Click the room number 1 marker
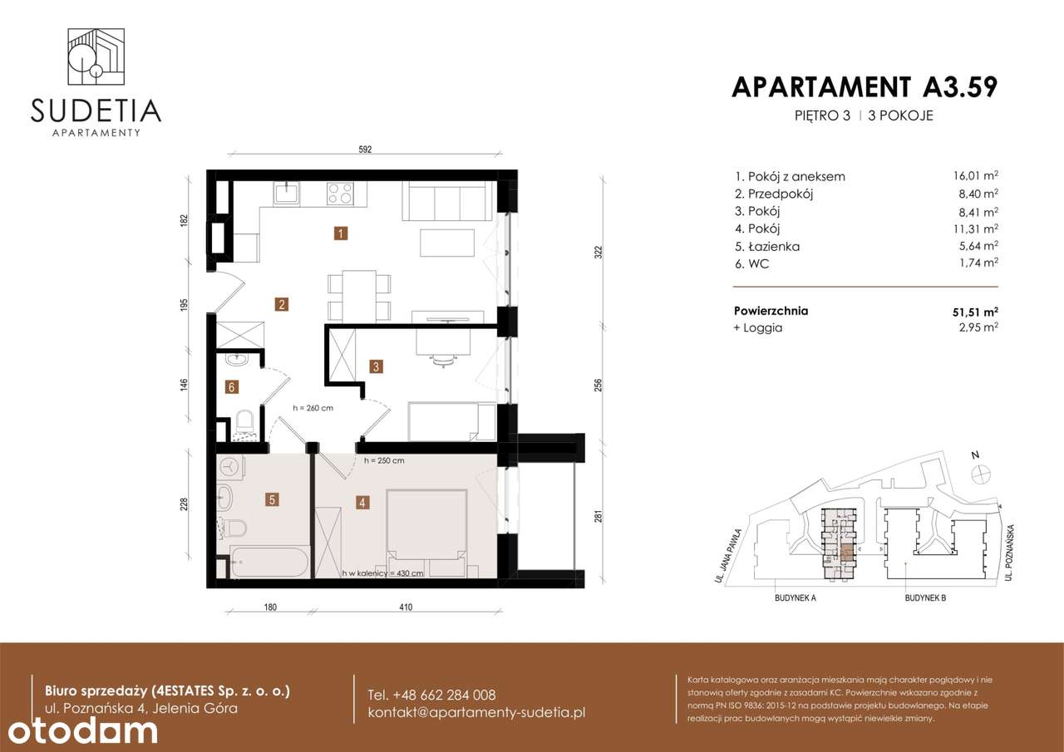tap(341, 233)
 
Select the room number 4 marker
tap(362, 502)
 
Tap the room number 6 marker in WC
tap(233, 386)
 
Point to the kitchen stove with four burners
tap(339, 193)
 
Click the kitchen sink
tap(288, 193)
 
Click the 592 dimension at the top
tap(365, 150)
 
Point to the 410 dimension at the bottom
tap(405, 607)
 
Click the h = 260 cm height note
tap(313, 408)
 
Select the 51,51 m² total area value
tap(975, 312)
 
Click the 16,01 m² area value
tap(976, 176)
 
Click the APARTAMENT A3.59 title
tap(864, 86)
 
